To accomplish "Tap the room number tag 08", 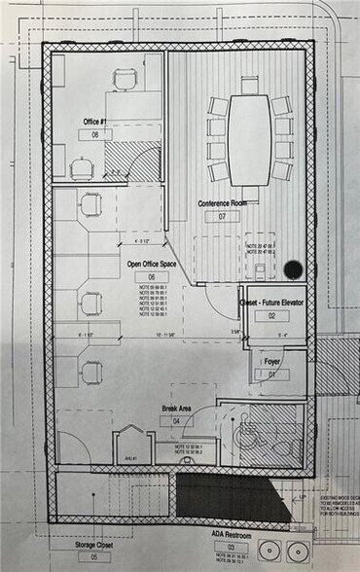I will [x=95, y=135].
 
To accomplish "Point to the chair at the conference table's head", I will [x=249, y=85].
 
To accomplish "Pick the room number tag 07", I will [x=223, y=216].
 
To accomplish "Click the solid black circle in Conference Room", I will [x=293, y=269].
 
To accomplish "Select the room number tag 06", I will [x=151, y=277].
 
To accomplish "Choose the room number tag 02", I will [x=273, y=316].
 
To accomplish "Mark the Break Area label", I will [x=176, y=408].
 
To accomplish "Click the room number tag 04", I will [x=176, y=421].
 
